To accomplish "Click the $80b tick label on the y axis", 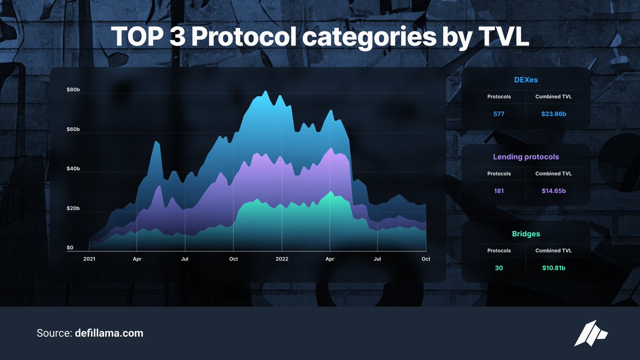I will coord(73,90).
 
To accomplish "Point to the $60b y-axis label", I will coord(73,130).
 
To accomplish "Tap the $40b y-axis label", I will coord(73,169).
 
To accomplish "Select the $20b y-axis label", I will coord(73,208).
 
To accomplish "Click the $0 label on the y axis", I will coord(70,247).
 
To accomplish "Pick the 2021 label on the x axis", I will coord(89,259).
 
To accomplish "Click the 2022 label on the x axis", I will coord(282,259).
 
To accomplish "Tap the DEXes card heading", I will coord(526,81).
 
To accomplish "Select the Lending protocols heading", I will coord(526,157).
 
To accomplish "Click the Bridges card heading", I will coord(526,234).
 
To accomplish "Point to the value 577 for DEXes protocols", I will coord(499,114).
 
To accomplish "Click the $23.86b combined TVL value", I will coord(553,114).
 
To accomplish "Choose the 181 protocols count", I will coord(499,191).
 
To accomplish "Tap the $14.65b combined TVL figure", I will coord(553,191).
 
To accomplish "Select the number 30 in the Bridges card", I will coord(499,268).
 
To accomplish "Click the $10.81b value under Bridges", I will coord(553,268).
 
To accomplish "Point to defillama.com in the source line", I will coord(109,333).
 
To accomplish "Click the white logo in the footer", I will coord(591,333).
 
